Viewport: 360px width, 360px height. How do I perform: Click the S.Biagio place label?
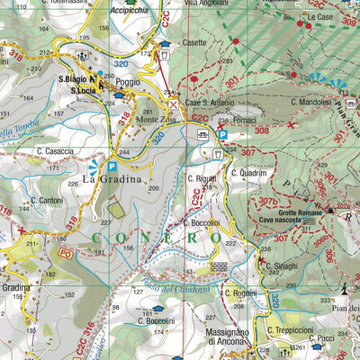(x=72, y=78)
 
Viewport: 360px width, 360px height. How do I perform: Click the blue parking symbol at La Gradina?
(x=112, y=166)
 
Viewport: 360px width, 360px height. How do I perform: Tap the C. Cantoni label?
(x=47, y=201)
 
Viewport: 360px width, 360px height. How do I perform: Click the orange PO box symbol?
(x=65, y=255)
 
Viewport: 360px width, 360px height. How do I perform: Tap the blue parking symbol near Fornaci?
(x=221, y=135)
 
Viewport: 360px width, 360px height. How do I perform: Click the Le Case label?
(x=319, y=18)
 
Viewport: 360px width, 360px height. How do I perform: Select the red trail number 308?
(x=262, y=130)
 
